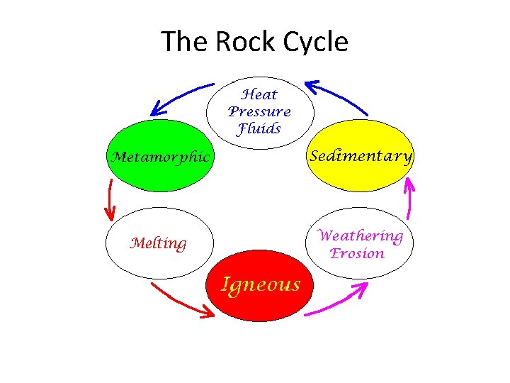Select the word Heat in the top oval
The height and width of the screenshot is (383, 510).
tap(259, 94)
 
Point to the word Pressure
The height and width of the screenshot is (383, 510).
tap(259, 111)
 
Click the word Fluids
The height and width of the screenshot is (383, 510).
tap(259, 129)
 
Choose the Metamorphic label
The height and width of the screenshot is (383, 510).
tap(159, 157)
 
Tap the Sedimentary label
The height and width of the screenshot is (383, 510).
tap(361, 156)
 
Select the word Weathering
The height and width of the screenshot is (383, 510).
tap(361, 235)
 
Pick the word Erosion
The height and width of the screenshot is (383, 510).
tap(358, 253)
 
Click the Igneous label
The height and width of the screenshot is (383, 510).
tap(261, 284)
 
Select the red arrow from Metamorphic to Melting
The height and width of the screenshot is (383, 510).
tap(110, 199)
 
